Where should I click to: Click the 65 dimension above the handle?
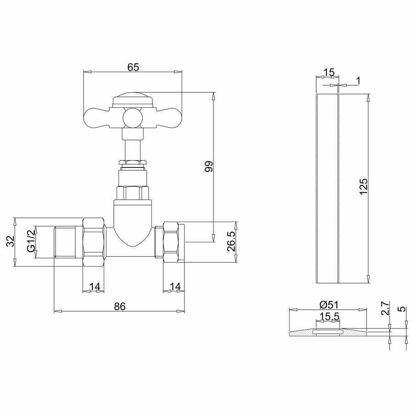(133, 67)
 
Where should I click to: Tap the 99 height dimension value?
(209, 166)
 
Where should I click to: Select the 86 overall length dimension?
(120, 307)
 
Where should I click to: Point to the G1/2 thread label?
(31, 240)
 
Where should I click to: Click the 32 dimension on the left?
(11, 241)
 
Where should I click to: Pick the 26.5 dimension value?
(231, 241)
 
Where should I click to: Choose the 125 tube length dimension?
(363, 187)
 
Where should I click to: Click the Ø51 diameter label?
(329, 305)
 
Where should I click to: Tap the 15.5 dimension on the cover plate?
(329, 316)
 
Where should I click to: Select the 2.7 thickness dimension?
(385, 308)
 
